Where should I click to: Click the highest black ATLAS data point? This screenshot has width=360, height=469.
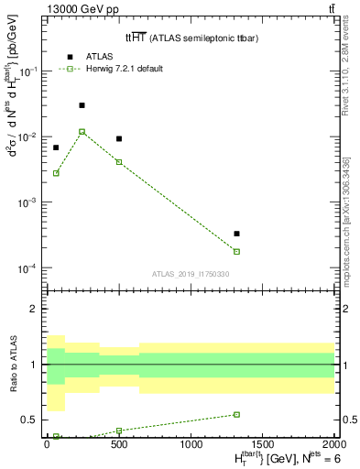coord(82,105)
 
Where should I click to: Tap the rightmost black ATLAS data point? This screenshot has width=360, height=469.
coord(236,234)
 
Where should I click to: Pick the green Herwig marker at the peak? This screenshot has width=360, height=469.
coord(82,131)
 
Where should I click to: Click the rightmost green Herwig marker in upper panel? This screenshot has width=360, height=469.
coord(236,251)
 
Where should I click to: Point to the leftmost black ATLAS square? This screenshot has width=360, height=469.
coord(56,147)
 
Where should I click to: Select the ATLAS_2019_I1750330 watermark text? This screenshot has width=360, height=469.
coord(191,274)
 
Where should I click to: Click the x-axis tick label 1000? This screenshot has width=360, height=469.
coord(191,442)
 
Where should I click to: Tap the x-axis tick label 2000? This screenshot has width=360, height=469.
coord(333,442)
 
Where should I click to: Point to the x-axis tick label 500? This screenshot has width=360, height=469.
coord(118,442)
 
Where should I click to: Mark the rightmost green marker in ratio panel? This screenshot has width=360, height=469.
coord(236,414)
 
